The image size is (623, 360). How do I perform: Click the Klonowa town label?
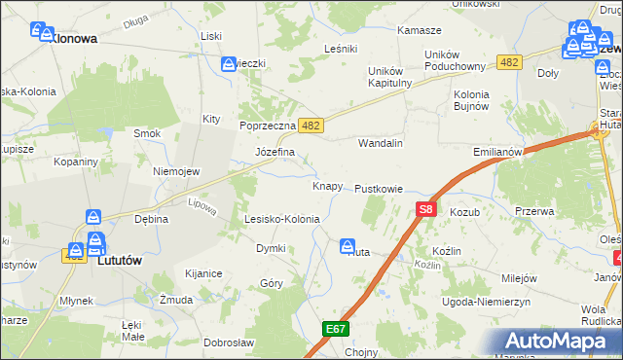(x=72, y=39)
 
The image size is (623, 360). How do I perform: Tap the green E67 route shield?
(x=336, y=329)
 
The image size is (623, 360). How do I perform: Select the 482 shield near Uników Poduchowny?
(x=507, y=62)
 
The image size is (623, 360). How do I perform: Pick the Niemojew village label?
(x=176, y=171)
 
